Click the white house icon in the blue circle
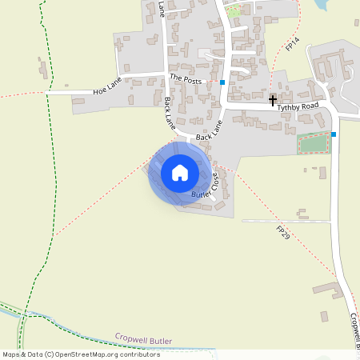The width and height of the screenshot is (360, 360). point(180,173)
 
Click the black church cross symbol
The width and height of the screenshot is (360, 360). point(273,100)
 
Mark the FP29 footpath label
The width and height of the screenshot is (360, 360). point(282,234)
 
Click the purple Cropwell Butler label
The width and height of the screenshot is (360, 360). point(143,338)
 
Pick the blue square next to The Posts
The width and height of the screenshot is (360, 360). point(222,82)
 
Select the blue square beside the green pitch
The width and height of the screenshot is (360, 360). point(334,134)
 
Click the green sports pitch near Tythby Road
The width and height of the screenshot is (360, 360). point(314,144)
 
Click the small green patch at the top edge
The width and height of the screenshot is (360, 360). point(234,11)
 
